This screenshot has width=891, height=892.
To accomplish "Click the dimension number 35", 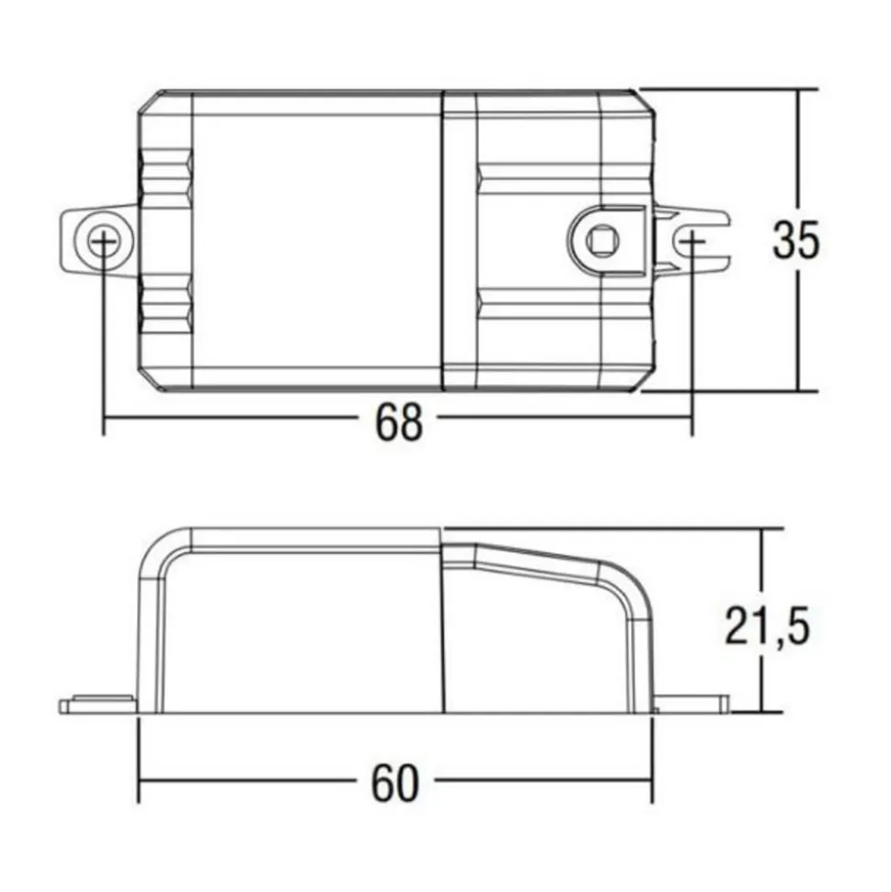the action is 796,240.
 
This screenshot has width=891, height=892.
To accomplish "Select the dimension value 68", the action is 399,423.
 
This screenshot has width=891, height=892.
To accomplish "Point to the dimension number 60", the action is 395,784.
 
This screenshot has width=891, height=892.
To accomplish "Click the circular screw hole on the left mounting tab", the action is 103,241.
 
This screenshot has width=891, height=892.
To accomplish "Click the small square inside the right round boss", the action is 600,239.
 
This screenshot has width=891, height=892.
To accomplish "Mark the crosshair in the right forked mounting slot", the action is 692,242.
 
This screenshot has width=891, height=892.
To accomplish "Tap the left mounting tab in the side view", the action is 98,705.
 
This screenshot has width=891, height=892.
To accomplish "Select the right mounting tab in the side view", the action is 691,705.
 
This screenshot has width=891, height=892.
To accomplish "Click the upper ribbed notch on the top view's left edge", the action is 166,176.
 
